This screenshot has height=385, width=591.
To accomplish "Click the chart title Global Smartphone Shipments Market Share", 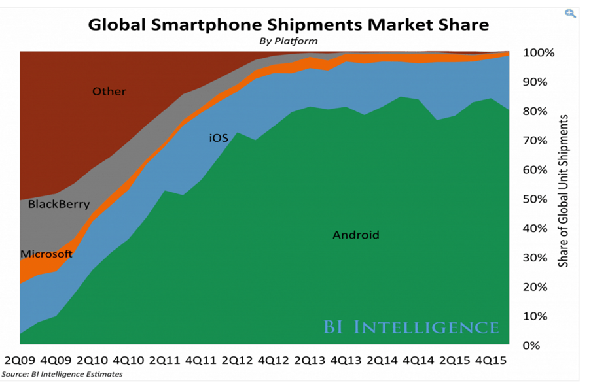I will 288,25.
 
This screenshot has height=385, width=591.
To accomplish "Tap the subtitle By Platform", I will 289,41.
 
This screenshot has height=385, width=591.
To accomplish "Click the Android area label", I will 355,235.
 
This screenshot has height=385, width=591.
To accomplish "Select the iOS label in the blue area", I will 219,139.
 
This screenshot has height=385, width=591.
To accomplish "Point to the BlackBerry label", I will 58,204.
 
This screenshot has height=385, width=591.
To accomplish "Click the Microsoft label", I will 46,254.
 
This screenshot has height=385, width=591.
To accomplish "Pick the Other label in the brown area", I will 109,92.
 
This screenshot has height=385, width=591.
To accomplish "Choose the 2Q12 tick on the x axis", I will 238,360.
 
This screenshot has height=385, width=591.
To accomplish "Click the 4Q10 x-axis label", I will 129,360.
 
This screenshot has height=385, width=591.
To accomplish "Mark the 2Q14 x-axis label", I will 382,360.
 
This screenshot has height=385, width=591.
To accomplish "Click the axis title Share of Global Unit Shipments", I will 564,191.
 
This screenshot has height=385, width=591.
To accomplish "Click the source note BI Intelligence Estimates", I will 62,375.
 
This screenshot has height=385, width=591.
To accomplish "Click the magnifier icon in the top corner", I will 571,14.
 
